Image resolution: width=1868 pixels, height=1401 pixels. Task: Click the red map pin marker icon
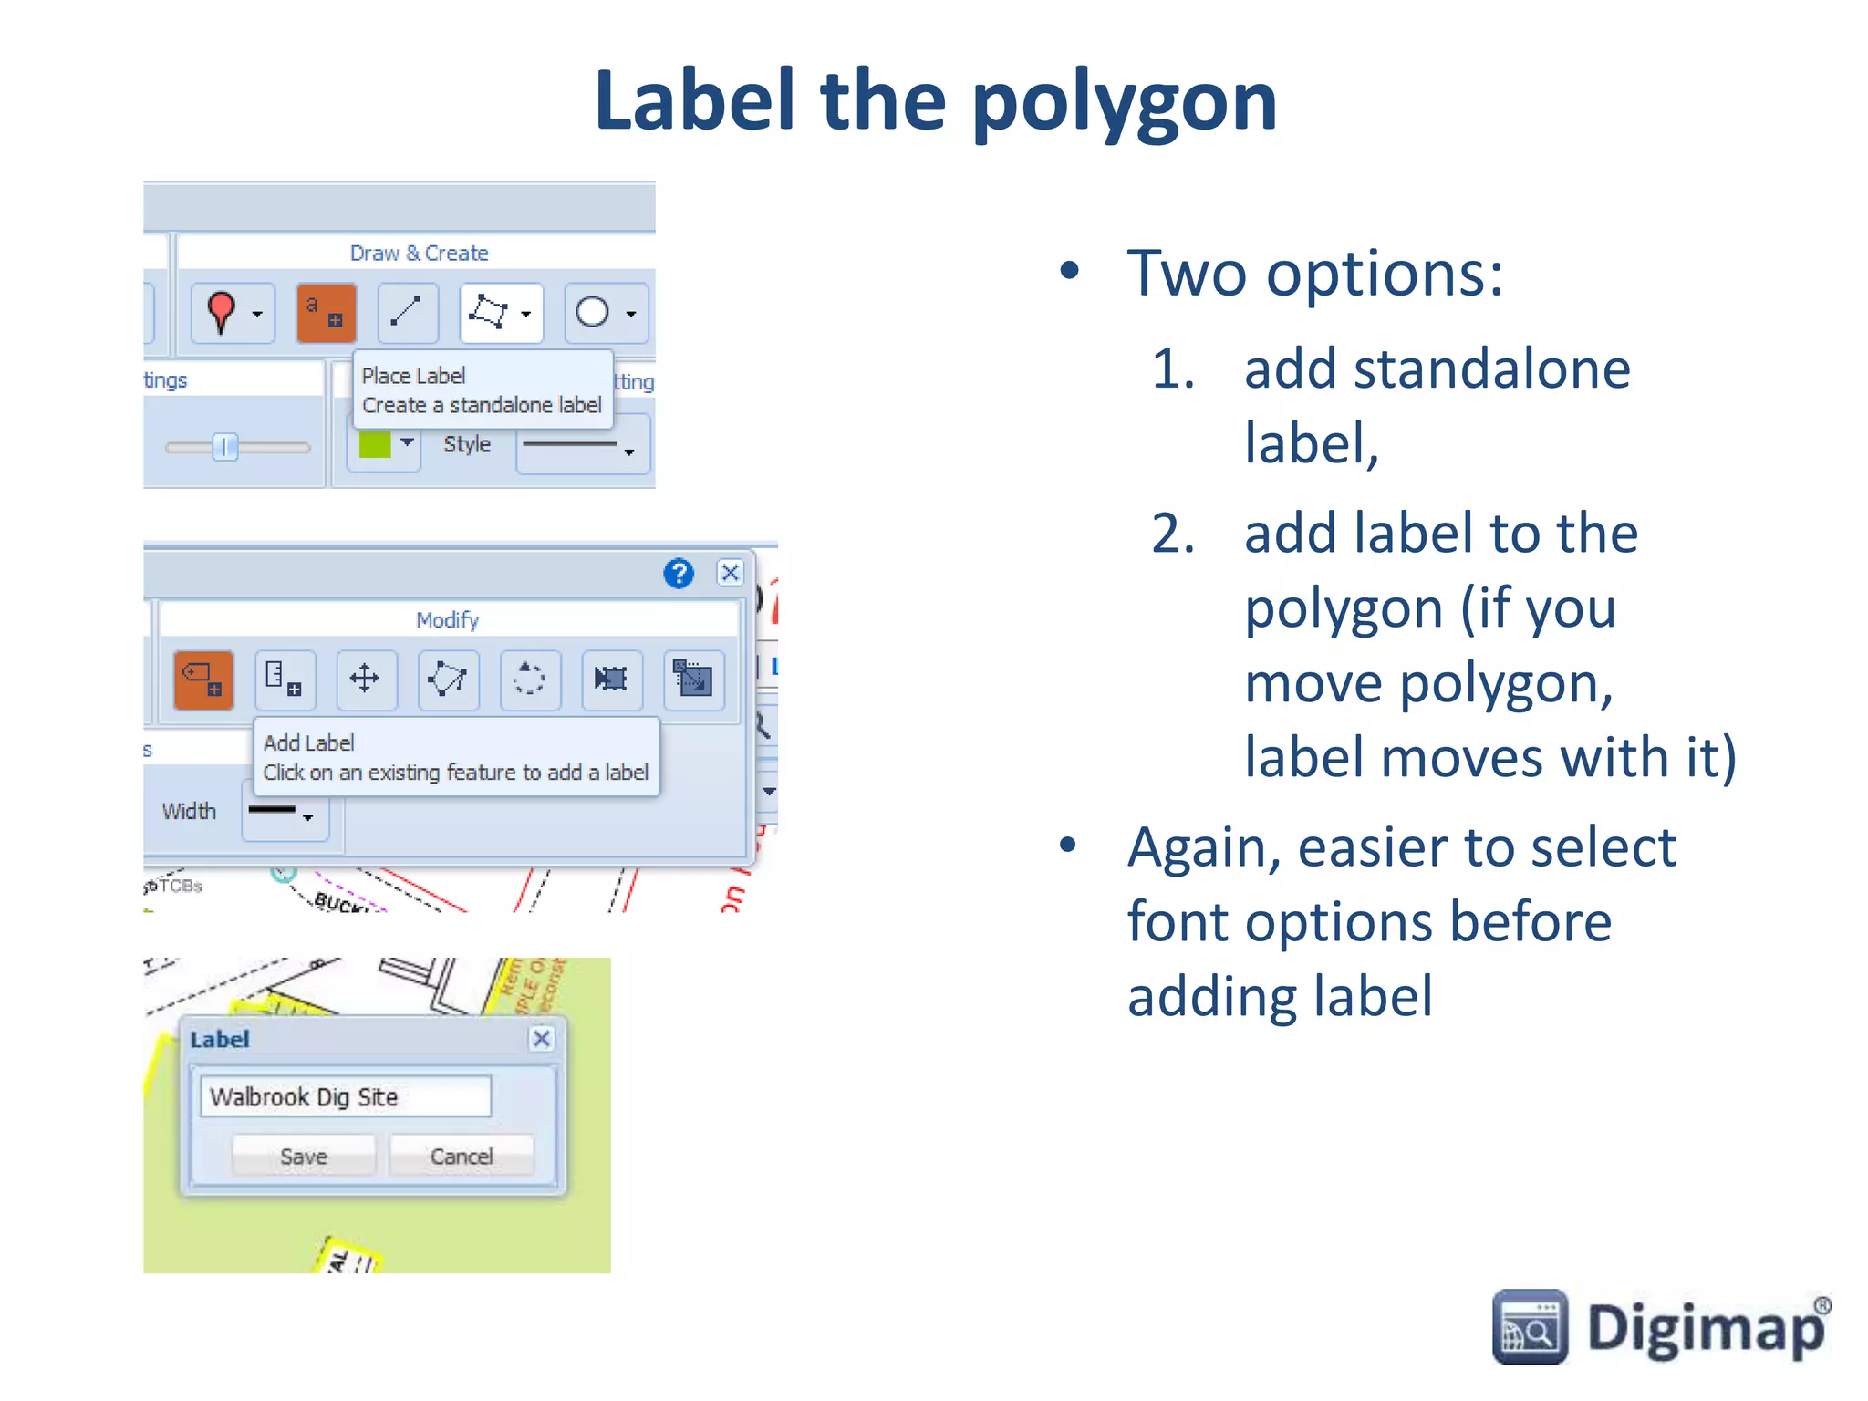pyautogui.click(x=221, y=313)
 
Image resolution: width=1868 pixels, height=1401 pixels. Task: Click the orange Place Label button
pyautogui.click(x=326, y=313)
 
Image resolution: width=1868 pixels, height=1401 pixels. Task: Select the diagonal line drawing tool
pyautogui.click(x=407, y=312)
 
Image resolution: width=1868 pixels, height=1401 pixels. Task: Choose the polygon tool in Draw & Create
pyautogui.click(x=489, y=313)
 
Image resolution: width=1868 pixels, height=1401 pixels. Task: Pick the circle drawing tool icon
pyautogui.click(x=593, y=313)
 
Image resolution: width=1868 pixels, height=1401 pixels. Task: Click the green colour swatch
pyautogui.click(x=375, y=444)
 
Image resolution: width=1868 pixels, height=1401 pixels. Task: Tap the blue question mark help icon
pyautogui.click(x=678, y=574)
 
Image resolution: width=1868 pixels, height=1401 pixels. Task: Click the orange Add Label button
pyautogui.click(x=203, y=680)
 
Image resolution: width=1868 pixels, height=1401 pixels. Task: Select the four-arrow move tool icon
pyautogui.click(x=365, y=679)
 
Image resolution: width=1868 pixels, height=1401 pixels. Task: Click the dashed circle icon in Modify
pyautogui.click(x=529, y=679)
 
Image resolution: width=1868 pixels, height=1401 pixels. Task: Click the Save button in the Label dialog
pyautogui.click(x=304, y=1157)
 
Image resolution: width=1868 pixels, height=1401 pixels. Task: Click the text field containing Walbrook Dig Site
pyautogui.click(x=345, y=1096)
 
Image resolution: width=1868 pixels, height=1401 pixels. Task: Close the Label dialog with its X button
pyautogui.click(x=542, y=1039)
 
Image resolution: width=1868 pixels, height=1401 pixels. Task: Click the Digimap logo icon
pyautogui.click(x=1530, y=1327)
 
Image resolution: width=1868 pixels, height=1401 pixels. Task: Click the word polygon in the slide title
pyautogui.click(x=1124, y=102)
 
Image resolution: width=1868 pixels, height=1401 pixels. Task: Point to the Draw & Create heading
pyautogui.click(x=419, y=253)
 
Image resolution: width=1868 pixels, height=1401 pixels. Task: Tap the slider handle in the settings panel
pyautogui.click(x=224, y=447)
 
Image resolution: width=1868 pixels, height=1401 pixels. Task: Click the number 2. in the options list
pyautogui.click(x=1173, y=534)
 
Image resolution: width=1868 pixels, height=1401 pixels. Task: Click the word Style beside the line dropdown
pyautogui.click(x=467, y=444)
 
